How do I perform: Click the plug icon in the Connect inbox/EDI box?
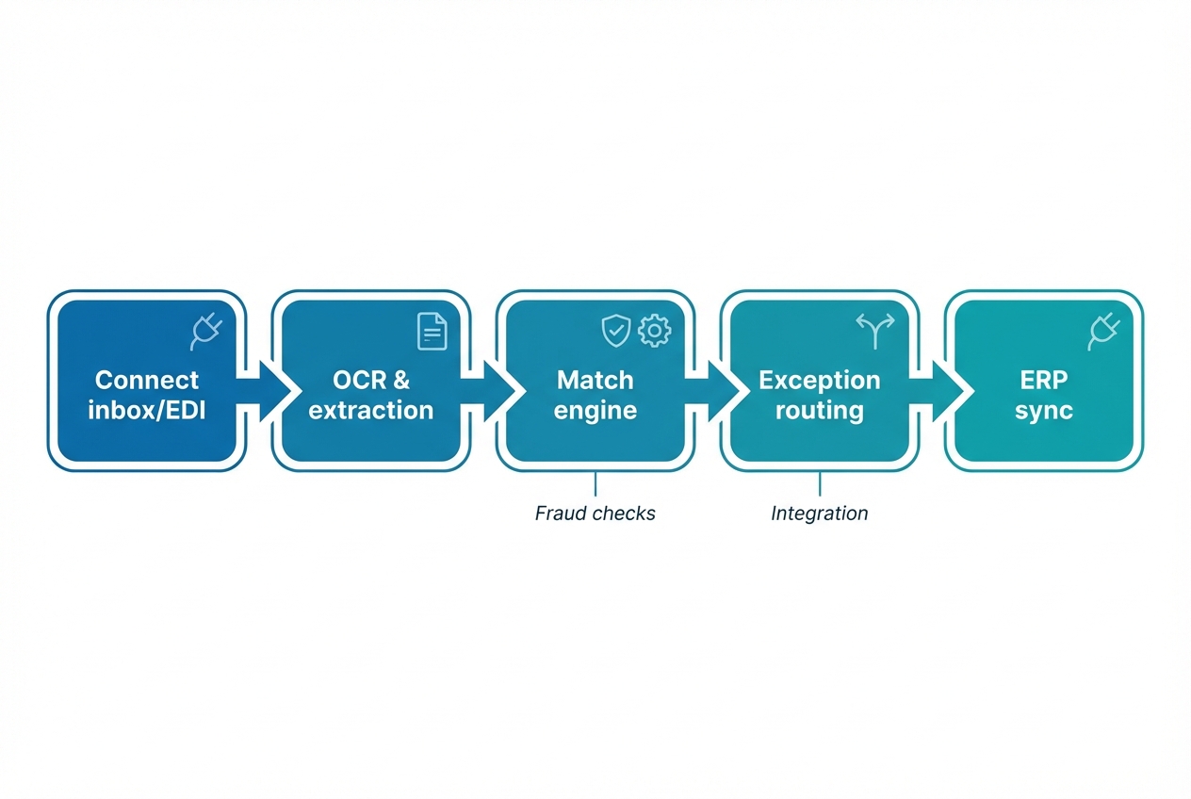tap(206, 332)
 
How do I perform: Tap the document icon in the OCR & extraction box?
tap(432, 332)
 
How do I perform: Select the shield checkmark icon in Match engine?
tap(615, 331)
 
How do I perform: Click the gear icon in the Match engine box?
tap(654, 331)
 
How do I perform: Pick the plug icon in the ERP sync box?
tap(1103, 332)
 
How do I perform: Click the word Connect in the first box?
tap(147, 380)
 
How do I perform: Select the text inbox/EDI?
tap(147, 410)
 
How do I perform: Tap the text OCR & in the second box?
tap(371, 380)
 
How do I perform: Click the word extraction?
tap(371, 410)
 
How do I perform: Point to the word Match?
tap(595, 380)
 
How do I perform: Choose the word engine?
tap(595, 411)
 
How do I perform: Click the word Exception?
tap(820, 380)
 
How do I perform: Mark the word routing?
tap(820, 411)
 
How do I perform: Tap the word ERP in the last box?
tap(1044, 380)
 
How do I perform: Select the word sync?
tap(1044, 411)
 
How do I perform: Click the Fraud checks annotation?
tap(595, 514)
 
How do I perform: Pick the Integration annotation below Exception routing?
tap(819, 514)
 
